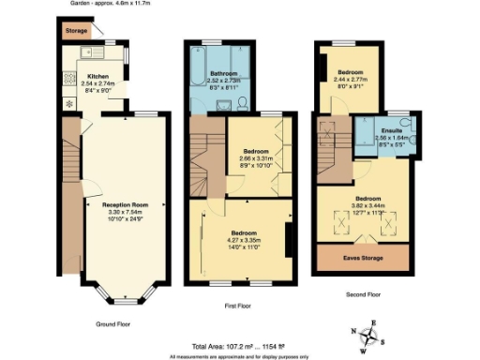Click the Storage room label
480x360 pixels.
pyautogui.click(x=76, y=31)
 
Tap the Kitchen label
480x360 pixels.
pyautogui.click(x=97, y=77)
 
